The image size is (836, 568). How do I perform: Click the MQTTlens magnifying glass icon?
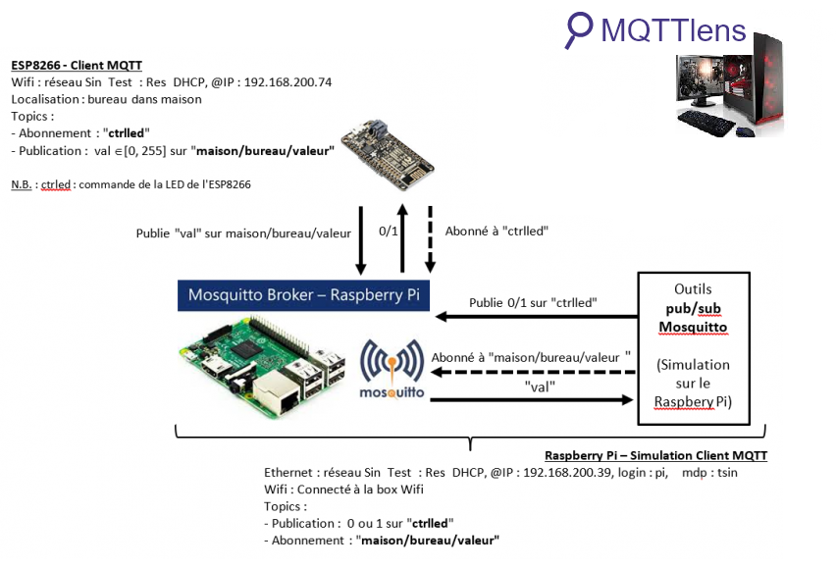(579, 29)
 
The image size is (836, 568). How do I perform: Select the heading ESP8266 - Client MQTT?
(77, 66)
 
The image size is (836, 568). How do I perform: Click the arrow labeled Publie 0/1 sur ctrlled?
(535, 316)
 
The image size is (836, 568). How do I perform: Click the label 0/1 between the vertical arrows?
(390, 232)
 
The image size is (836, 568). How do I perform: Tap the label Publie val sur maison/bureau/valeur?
(243, 233)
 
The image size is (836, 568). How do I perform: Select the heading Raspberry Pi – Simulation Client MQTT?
(655, 456)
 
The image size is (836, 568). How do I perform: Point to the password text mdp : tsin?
(709, 473)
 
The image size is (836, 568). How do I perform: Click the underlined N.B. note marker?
(22, 183)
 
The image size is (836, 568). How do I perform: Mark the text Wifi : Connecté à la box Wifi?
(343, 490)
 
